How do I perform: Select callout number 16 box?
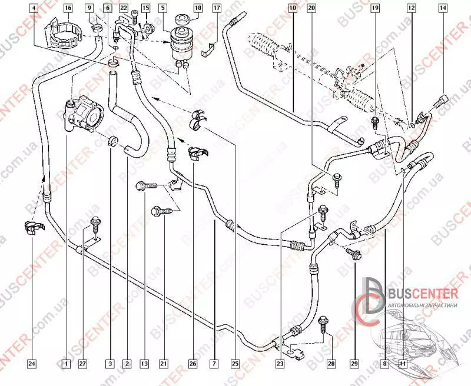68,8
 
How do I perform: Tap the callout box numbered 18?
198,8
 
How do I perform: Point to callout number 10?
293,8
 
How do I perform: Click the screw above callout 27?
94,224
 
